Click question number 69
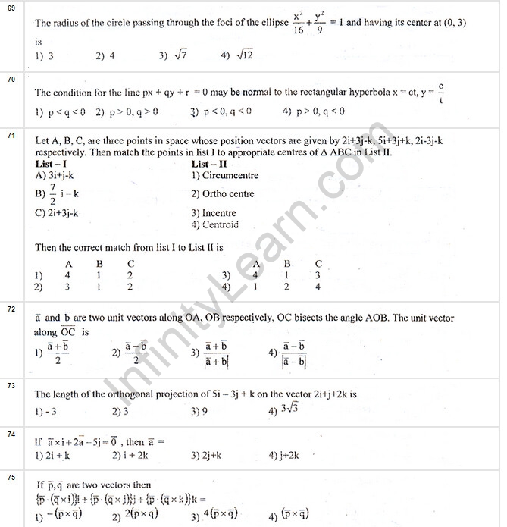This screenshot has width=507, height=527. pyautogui.click(x=11, y=7)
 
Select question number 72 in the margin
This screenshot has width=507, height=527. pyautogui.click(x=11, y=309)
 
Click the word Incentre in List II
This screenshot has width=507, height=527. pyautogui.click(x=218, y=213)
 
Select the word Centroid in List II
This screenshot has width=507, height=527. pyautogui.click(x=219, y=224)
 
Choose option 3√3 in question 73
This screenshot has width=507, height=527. pyautogui.click(x=288, y=412)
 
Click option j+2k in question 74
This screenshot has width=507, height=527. pyautogui.click(x=287, y=456)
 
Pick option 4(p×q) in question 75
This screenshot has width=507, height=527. pyautogui.click(x=219, y=516)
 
